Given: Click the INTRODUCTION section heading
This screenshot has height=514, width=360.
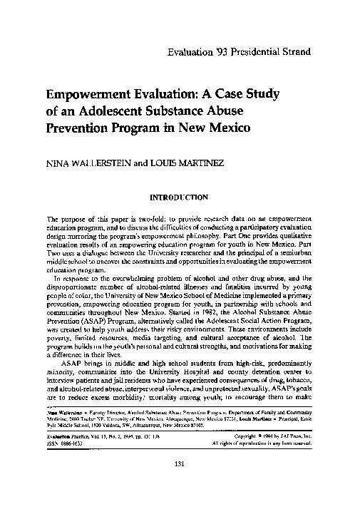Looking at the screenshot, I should [x=180, y=196].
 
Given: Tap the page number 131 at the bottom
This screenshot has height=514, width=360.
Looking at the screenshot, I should [x=180, y=484].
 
